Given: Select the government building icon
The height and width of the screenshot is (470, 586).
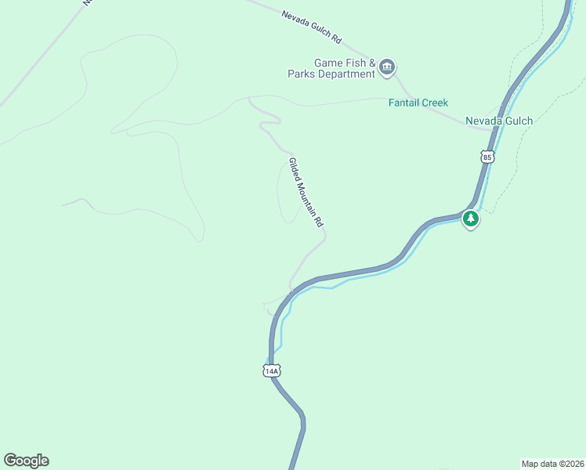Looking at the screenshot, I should coord(386,69).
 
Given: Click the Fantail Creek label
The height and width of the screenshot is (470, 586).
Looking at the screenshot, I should coord(418,103).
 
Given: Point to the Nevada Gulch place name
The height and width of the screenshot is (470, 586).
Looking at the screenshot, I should coord(499,121).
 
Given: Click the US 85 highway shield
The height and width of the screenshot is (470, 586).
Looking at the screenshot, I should coord(487,157).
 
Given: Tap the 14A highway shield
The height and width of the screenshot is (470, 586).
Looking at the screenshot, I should coord(271,371).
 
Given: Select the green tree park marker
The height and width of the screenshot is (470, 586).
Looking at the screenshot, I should coord(470,219).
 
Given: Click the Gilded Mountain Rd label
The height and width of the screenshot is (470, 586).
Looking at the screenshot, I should coord(306,193).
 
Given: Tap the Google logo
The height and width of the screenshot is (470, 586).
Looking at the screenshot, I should coord(26,461).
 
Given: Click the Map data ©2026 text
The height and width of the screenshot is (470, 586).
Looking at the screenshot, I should coord(552,463).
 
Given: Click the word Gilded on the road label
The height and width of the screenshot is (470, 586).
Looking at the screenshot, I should coord(294,168).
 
